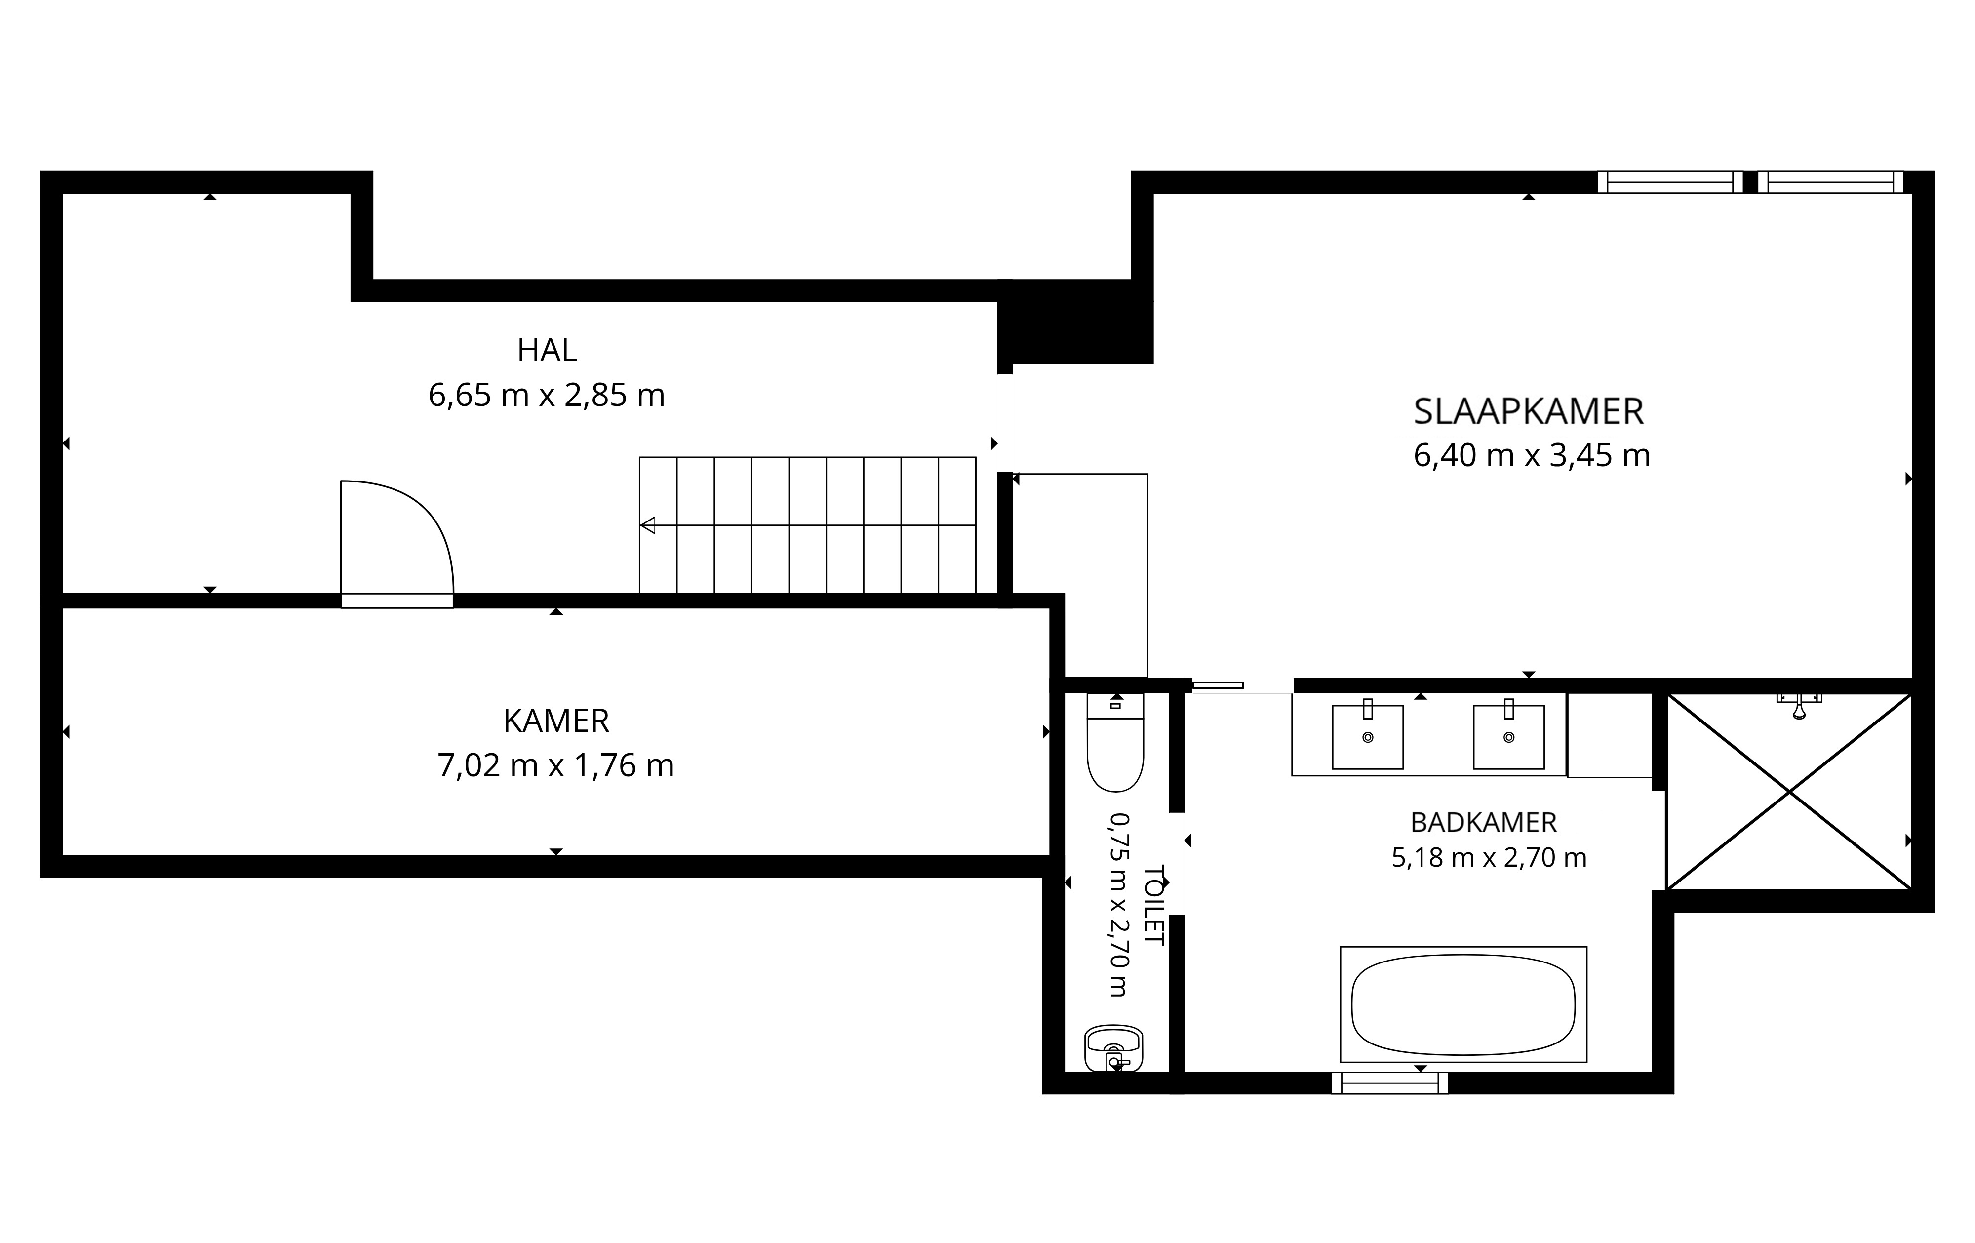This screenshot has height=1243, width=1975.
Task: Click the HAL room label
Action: pos(547,350)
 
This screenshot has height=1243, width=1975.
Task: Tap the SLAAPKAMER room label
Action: pos(1528,412)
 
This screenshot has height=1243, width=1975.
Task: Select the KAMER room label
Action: pos(556,721)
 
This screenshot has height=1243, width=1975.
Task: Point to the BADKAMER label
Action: pos(1484,822)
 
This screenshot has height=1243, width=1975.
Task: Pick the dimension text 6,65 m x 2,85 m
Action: pos(546,396)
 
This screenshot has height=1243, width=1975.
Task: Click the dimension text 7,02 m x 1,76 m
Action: pos(555,765)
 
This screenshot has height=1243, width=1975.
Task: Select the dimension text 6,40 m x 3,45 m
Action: pos(1531,455)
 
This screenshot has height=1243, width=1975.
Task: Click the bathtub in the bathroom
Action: pos(1463,1004)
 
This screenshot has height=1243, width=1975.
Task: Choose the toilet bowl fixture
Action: pos(1114,743)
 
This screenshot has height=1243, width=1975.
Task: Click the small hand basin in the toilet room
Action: pos(1113,1048)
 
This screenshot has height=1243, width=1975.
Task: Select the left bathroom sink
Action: pos(1367,735)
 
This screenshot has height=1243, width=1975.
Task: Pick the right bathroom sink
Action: pos(1508,735)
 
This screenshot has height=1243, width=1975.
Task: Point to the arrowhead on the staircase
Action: pos(648,525)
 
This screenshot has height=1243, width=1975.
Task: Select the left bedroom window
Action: pos(1670,182)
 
